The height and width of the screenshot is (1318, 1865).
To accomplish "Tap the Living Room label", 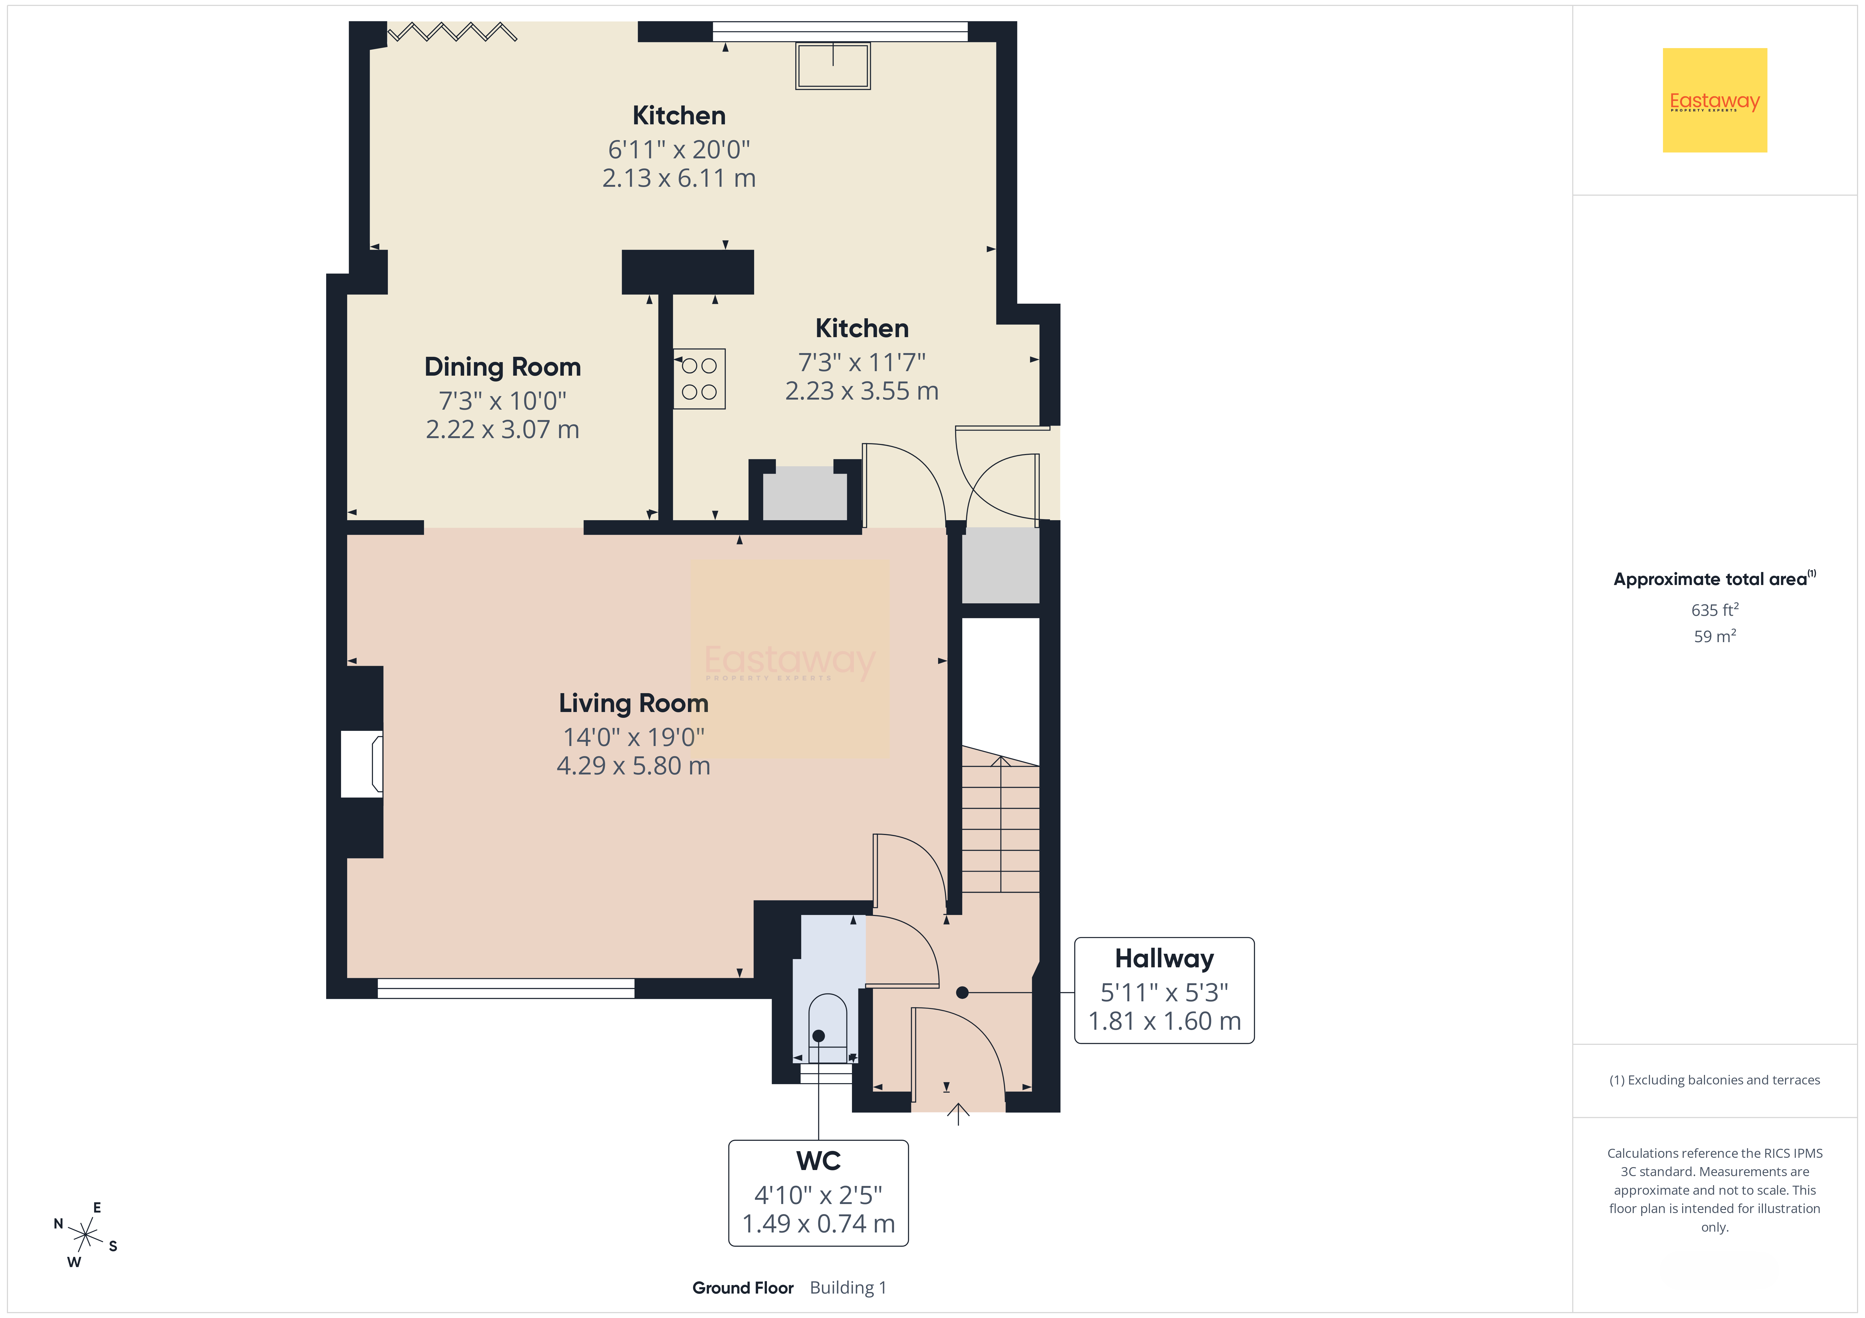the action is [x=633, y=703].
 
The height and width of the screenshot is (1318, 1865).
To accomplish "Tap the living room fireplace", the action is [x=362, y=763].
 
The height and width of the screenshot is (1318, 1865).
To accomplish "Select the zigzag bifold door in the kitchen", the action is [x=452, y=32].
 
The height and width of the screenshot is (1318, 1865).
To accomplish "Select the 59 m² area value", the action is [x=1715, y=636].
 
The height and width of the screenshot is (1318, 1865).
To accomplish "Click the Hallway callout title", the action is [x=1164, y=958].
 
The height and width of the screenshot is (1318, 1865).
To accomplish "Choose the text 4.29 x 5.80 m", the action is [x=633, y=766].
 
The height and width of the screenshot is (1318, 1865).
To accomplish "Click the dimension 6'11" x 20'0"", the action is [x=679, y=149].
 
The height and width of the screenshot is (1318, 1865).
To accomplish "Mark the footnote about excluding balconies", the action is [x=1715, y=1080].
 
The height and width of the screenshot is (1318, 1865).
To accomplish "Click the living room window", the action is [x=506, y=988].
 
